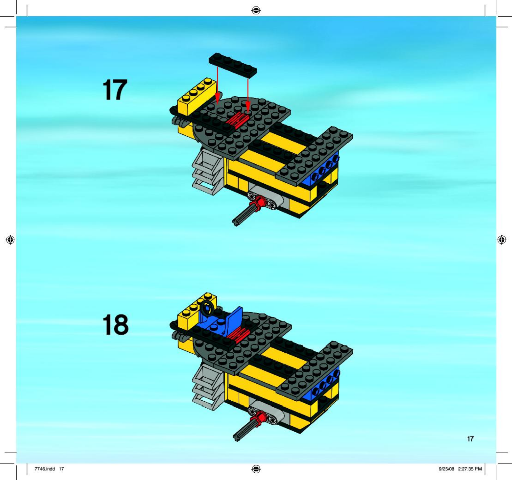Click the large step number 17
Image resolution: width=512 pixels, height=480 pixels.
115,90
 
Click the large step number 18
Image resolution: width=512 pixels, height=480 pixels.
116,324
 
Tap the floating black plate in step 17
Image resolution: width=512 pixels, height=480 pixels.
233,65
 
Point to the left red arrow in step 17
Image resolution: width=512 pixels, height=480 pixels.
217,84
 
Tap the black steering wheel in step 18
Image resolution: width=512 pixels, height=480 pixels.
208,308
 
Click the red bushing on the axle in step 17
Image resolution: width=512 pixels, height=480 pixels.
260,202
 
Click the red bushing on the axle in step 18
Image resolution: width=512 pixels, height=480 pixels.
260,417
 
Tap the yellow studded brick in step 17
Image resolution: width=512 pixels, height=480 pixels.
196,96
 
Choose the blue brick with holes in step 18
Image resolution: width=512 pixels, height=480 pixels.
321,386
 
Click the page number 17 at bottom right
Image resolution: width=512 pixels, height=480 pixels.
470,439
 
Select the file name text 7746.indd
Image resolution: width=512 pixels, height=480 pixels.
45,469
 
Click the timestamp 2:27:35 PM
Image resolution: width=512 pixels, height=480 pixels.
470,469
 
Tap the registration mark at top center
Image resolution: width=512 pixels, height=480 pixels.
256,11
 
